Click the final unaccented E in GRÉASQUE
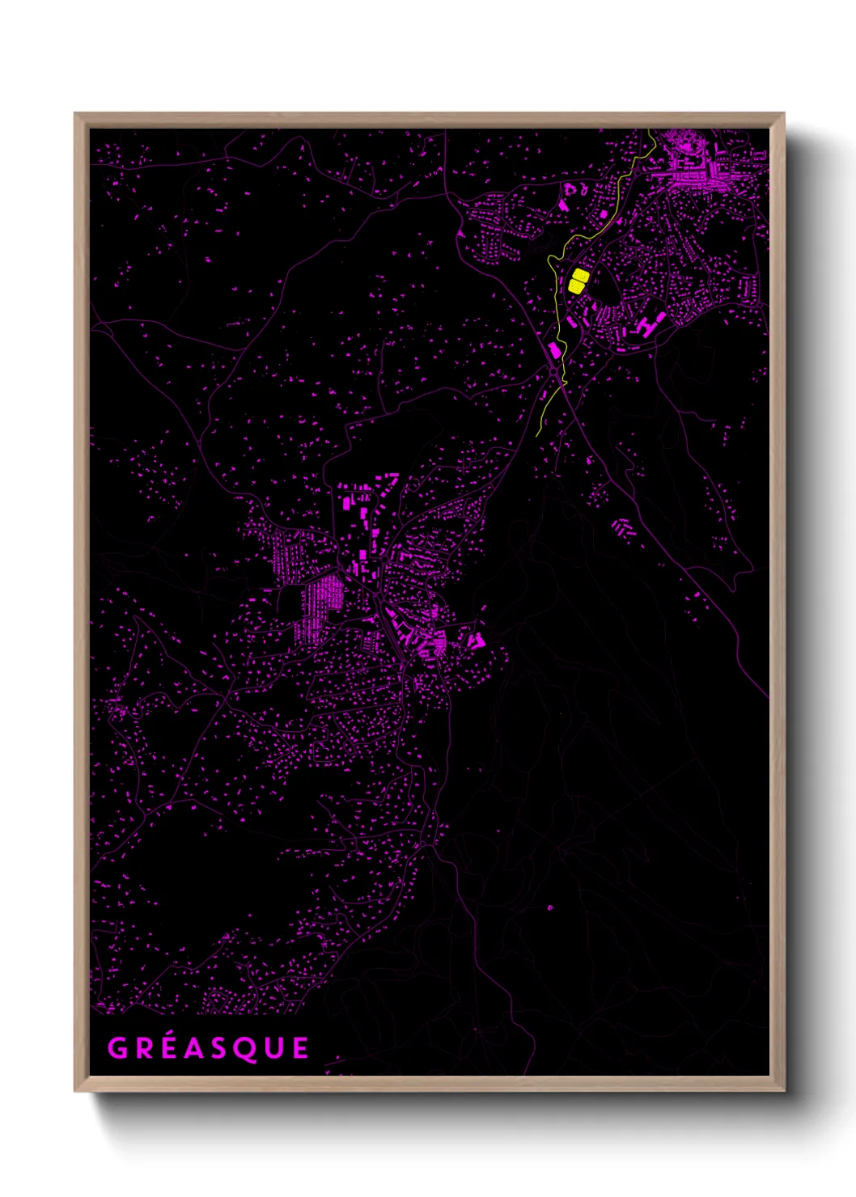click(x=301, y=1048)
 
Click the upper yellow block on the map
click(x=580, y=276)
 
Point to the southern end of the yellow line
click(x=537, y=436)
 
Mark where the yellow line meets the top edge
click(x=650, y=130)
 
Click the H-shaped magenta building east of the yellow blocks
click(x=647, y=325)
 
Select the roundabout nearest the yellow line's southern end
click(x=553, y=370)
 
